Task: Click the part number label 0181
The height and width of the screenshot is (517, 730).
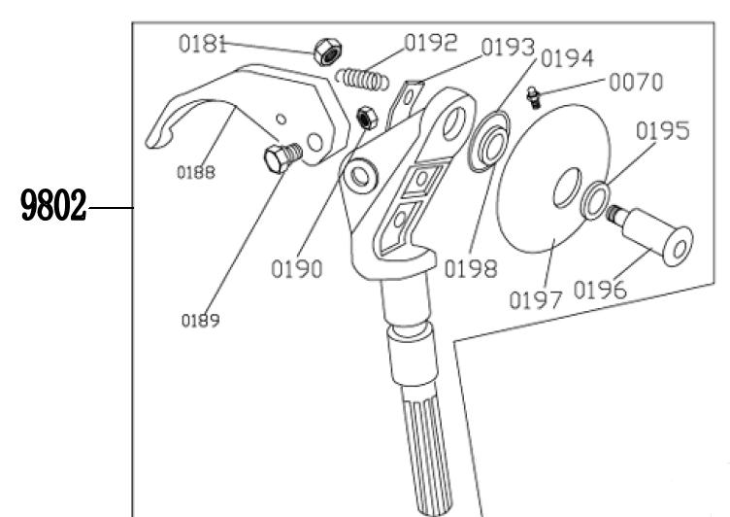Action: (x=203, y=45)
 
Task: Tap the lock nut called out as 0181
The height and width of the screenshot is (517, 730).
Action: (x=328, y=52)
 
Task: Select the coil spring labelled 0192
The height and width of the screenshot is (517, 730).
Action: (x=362, y=80)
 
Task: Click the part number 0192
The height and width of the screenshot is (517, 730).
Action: (x=431, y=43)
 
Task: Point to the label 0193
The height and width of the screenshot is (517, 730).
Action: (x=508, y=47)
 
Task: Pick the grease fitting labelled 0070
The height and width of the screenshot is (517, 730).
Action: (x=534, y=97)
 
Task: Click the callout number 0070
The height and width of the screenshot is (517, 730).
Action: (x=636, y=82)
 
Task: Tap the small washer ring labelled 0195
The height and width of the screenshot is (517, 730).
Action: (x=595, y=200)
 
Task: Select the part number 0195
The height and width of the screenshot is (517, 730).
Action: (x=662, y=130)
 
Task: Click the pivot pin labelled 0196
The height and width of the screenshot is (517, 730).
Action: (x=650, y=235)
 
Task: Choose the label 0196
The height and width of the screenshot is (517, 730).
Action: (x=600, y=290)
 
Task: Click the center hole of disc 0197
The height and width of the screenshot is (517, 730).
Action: (x=567, y=188)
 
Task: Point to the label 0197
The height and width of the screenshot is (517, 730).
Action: (x=536, y=299)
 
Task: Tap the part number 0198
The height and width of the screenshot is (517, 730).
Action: (x=471, y=269)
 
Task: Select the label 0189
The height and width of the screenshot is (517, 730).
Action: (x=201, y=321)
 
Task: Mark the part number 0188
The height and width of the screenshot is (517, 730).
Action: (x=196, y=172)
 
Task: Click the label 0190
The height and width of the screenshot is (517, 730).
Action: (x=297, y=269)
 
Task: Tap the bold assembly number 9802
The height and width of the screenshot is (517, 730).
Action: (x=53, y=206)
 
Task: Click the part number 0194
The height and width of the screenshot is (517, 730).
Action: (x=568, y=58)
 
